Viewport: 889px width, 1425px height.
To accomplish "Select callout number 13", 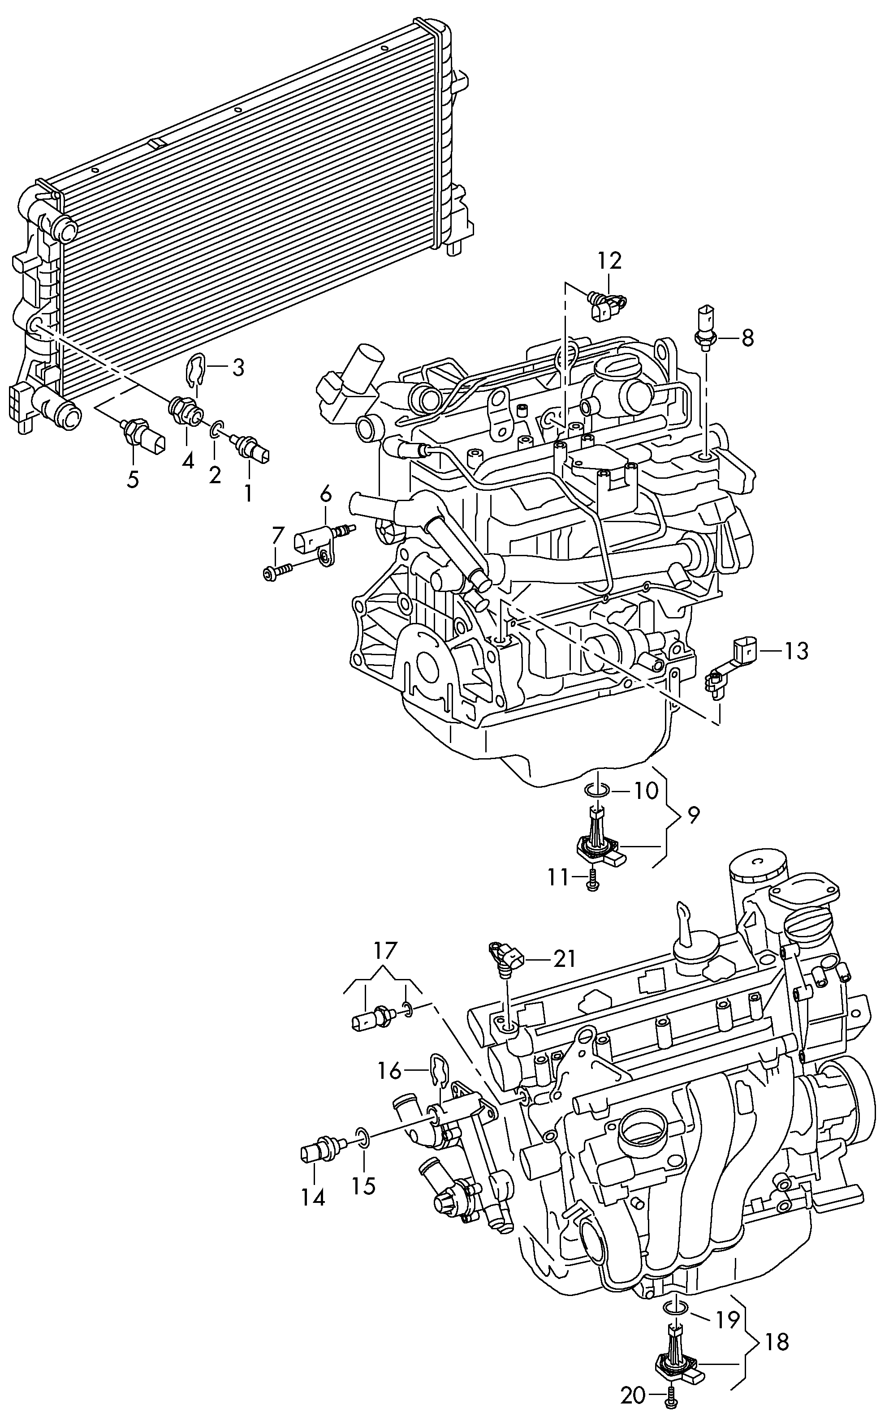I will (797, 651).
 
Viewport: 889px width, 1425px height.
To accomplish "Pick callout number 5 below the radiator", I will (134, 480).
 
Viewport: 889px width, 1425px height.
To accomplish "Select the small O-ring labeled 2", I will (216, 427).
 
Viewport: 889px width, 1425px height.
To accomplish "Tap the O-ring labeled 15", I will (363, 1137).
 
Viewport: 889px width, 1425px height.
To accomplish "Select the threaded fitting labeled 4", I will (183, 409).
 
